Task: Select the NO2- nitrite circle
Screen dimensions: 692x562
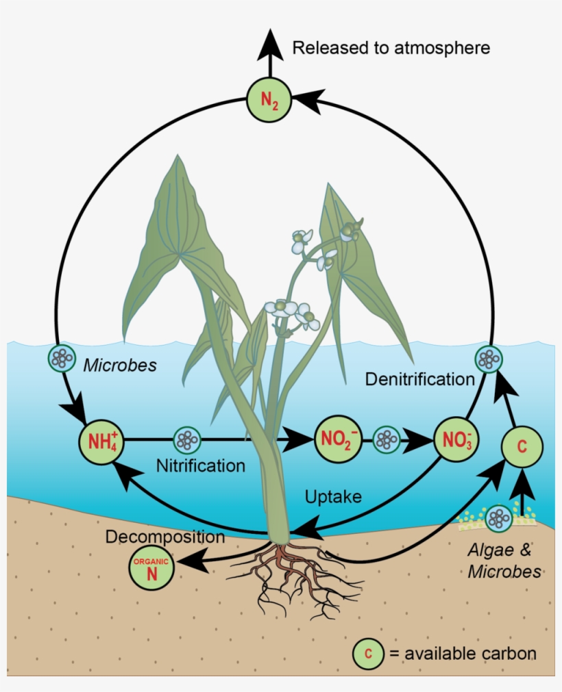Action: (x=336, y=439)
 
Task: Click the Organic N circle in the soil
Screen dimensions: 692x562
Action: (x=151, y=569)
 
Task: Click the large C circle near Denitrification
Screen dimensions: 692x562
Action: (x=522, y=447)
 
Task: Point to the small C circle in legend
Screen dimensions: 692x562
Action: (x=368, y=654)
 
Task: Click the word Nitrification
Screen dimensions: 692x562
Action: (x=200, y=466)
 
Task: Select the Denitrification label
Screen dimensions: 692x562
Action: (x=419, y=379)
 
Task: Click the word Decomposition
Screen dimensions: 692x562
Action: (x=164, y=537)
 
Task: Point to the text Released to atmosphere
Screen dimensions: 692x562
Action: (x=391, y=48)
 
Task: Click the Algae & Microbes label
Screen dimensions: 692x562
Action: (x=504, y=561)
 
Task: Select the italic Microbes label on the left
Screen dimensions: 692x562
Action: (x=120, y=366)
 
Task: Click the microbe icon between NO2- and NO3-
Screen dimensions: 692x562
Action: (x=387, y=439)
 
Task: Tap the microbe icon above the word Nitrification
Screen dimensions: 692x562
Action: (x=186, y=439)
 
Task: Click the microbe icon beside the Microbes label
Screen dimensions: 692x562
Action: (x=62, y=358)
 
